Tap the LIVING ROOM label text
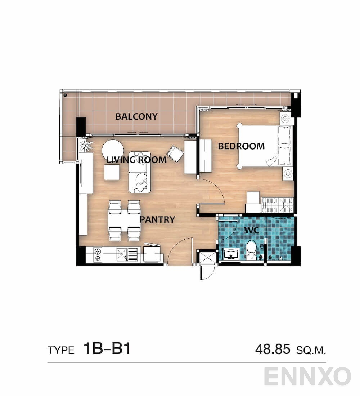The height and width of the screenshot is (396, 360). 136,160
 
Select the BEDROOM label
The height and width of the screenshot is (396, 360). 241,146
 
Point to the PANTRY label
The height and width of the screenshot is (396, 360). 158,219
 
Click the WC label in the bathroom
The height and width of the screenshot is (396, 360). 252,230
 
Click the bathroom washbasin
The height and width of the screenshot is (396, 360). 231,254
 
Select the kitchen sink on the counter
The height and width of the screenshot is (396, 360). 126,254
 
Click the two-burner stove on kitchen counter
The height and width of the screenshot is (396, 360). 98,254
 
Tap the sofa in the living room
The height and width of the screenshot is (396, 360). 140,172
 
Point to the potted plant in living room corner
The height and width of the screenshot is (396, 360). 86,145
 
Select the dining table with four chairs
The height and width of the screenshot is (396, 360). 124,221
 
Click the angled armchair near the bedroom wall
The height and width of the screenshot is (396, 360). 175,154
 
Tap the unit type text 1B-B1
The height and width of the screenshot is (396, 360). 107,349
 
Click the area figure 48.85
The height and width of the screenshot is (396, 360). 272,349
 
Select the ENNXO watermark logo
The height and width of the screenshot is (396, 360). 307,376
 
